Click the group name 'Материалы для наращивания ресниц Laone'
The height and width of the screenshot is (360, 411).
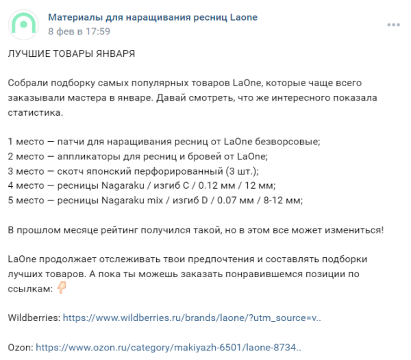[153, 17]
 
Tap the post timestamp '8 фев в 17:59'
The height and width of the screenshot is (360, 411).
[79, 31]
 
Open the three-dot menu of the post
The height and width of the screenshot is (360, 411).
[393, 25]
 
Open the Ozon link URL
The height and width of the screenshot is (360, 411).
[168, 348]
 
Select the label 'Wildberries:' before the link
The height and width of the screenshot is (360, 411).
[33, 318]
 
